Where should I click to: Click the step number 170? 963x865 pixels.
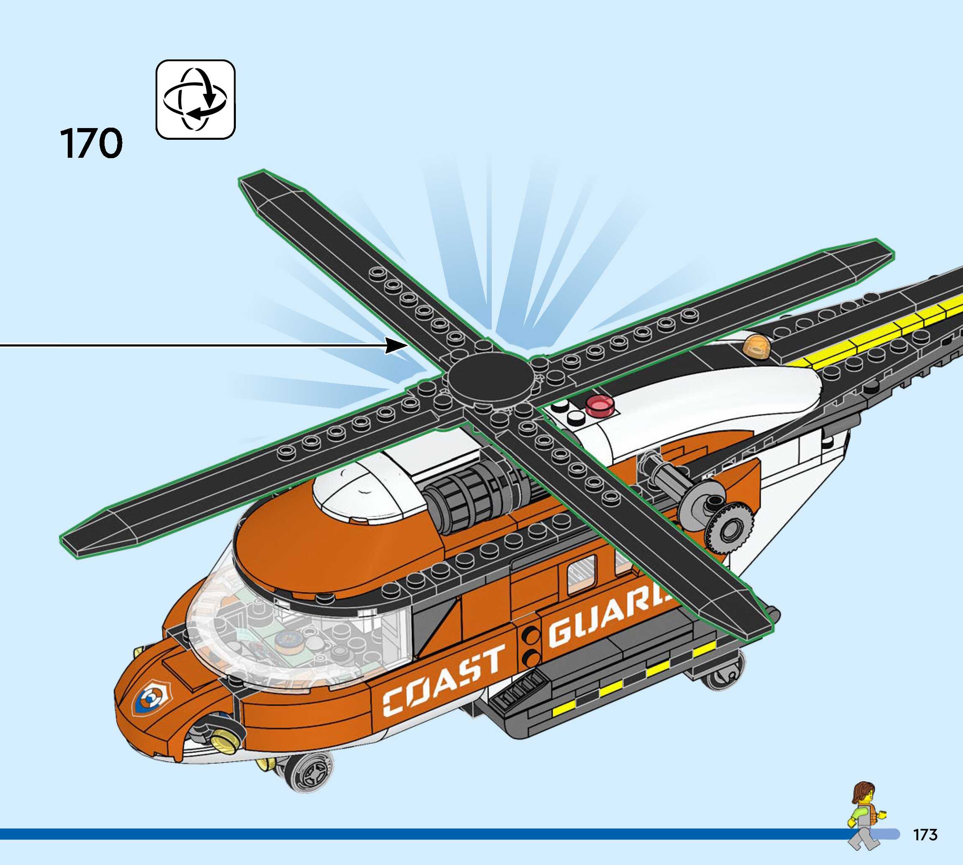91,143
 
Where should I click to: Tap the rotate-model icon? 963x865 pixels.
195,99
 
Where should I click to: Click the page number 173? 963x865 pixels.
925,834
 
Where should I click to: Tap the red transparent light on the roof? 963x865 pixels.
599,406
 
